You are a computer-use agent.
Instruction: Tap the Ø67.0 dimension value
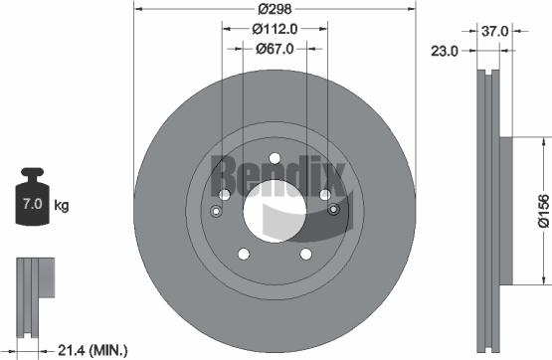273,48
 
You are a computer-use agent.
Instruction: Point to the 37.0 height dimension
495,31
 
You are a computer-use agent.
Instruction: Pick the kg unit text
62,206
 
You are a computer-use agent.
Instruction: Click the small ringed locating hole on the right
332,210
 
